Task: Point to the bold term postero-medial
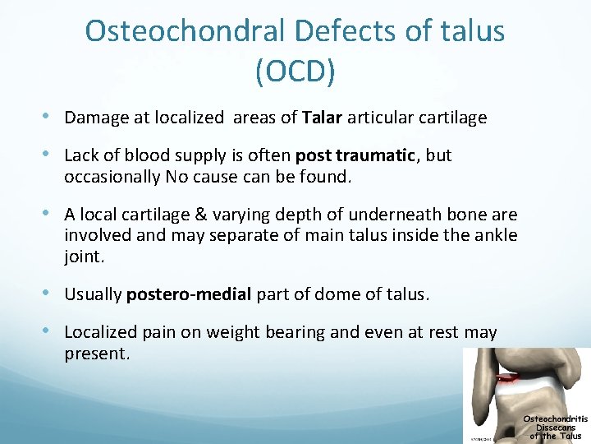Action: [x=189, y=294]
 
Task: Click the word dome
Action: [x=323, y=294]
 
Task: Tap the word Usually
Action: [x=93, y=294]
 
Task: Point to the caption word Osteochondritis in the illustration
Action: [x=555, y=419]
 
